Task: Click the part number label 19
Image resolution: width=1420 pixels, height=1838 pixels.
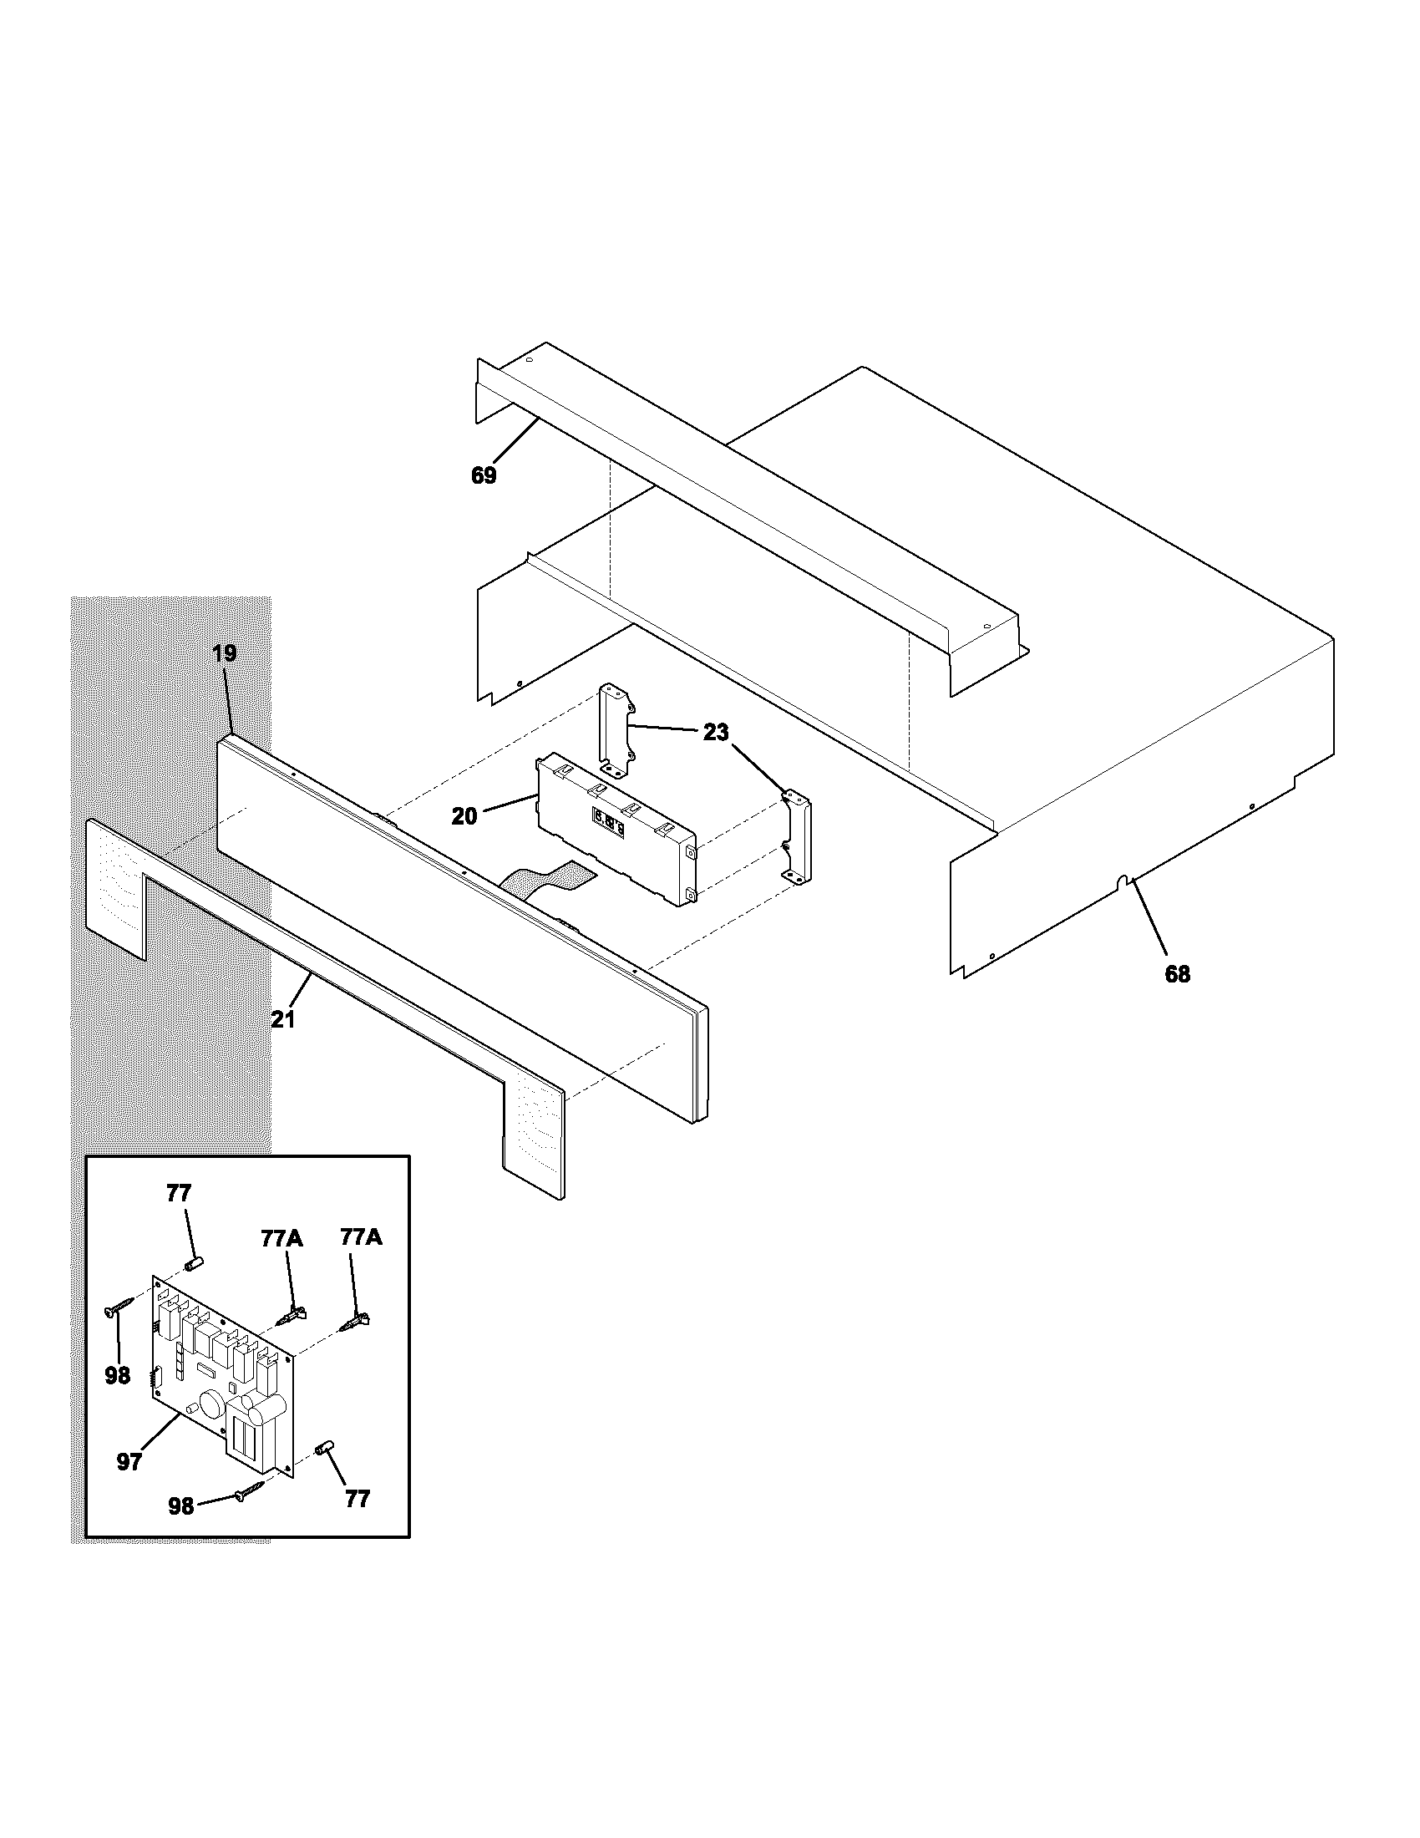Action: (x=224, y=653)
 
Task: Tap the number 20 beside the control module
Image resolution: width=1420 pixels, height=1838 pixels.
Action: (x=464, y=815)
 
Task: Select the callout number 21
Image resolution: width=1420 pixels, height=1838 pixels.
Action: (x=283, y=1019)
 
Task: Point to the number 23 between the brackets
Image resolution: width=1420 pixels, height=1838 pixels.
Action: (x=716, y=733)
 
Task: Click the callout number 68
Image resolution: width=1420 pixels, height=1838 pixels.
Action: (x=1177, y=974)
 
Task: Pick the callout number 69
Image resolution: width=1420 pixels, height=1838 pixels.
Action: (x=484, y=476)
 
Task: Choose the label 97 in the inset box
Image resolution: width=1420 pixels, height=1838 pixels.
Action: (x=129, y=1463)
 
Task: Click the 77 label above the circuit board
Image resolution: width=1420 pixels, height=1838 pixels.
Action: (x=180, y=1193)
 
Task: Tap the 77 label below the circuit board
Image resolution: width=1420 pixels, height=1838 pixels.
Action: (x=358, y=1499)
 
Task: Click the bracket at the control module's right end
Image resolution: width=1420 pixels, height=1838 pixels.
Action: (x=798, y=837)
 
